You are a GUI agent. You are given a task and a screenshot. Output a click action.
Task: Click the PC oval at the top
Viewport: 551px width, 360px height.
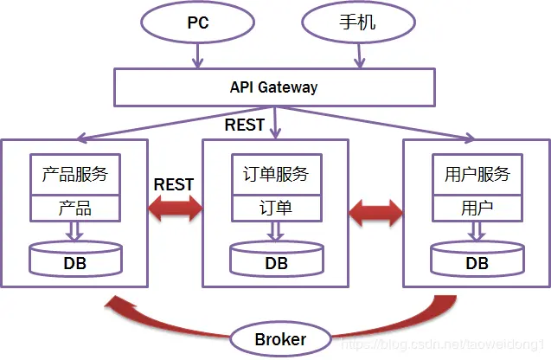click(x=198, y=22)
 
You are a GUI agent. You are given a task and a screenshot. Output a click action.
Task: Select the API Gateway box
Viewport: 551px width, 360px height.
click(x=273, y=87)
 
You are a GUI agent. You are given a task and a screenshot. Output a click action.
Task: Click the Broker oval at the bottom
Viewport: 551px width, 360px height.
click(x=280, y=339)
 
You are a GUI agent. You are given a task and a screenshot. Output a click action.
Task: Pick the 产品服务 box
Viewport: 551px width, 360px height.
click(x=74, y=174)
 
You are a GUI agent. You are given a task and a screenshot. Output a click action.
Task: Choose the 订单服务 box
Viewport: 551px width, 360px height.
click(x=275, y=174)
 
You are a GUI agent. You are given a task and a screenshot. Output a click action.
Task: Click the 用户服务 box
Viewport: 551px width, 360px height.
click(x=477, y=174)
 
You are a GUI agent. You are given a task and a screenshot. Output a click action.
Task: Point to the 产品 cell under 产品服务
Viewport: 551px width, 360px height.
click(x=74, y=209)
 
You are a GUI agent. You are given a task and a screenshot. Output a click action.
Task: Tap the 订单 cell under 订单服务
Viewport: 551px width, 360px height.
click(x=275, y=209)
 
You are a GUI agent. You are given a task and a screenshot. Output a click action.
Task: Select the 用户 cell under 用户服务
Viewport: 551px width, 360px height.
click(x=477, y=209)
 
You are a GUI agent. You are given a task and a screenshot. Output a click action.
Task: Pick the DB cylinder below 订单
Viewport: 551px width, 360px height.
click(x=276, y=259)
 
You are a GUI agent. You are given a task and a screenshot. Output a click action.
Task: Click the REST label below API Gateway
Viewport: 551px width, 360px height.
click(x=245, y=125)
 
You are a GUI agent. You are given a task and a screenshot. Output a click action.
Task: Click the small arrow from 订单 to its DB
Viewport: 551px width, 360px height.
click(x=275, y=230)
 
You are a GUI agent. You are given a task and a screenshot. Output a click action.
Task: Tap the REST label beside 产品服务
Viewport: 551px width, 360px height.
click(x=174, y=184)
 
